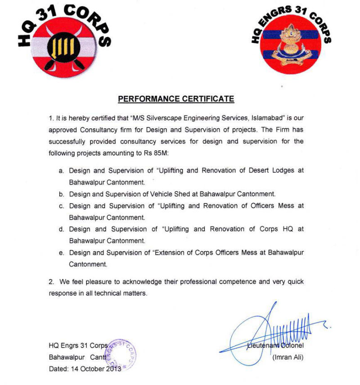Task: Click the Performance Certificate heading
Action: click(176, 99)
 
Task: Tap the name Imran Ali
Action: click(288, 358)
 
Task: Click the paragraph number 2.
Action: click(51, 282)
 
